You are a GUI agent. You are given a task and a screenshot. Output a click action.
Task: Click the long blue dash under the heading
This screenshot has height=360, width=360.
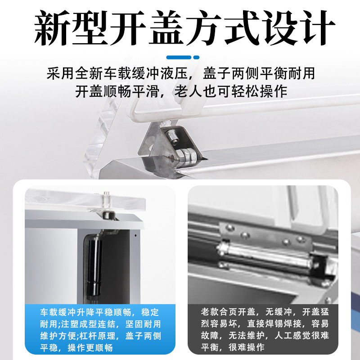point(179,58)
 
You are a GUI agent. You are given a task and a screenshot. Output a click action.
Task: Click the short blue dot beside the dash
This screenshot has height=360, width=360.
point(196,58)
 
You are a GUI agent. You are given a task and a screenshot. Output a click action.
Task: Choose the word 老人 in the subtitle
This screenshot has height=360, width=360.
point(188,91)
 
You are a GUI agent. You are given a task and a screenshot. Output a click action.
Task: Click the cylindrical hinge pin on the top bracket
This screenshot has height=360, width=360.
point(187,156)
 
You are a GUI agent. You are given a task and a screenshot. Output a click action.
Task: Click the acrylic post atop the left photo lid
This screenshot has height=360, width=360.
point(106,200)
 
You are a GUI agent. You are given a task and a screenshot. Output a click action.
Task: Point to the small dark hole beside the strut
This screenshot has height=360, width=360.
point(135,235)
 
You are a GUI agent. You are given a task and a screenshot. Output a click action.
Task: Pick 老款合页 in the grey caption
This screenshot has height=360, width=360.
point(219,312)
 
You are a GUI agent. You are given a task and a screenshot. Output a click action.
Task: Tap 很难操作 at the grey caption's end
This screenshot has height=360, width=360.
point(247,347)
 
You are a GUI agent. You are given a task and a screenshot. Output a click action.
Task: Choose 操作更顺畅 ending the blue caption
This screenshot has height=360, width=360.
point(90,348)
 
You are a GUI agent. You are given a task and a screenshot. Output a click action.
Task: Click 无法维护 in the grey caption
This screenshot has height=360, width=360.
point(247,335)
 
